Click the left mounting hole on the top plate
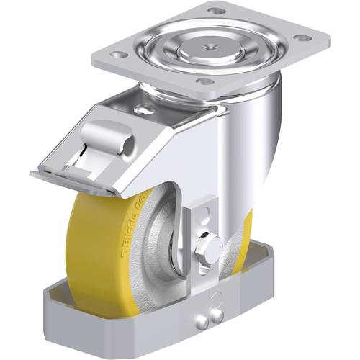[120, 55]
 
